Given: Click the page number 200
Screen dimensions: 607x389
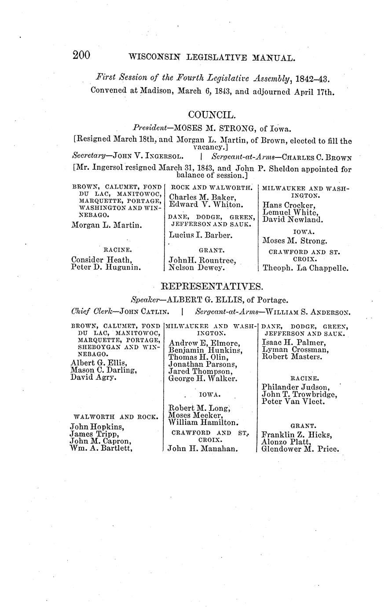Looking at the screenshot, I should [x=81, y=55].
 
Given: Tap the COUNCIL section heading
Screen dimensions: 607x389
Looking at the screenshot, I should [x=212, y=115].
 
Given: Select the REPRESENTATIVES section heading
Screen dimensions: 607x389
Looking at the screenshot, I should [x=212, y=287].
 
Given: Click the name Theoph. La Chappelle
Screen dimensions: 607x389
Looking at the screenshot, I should [x=305, y=267].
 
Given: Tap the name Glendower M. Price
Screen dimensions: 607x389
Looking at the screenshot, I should [x=301, y=449].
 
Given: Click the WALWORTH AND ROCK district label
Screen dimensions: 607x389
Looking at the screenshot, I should [x=116, y=417].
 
